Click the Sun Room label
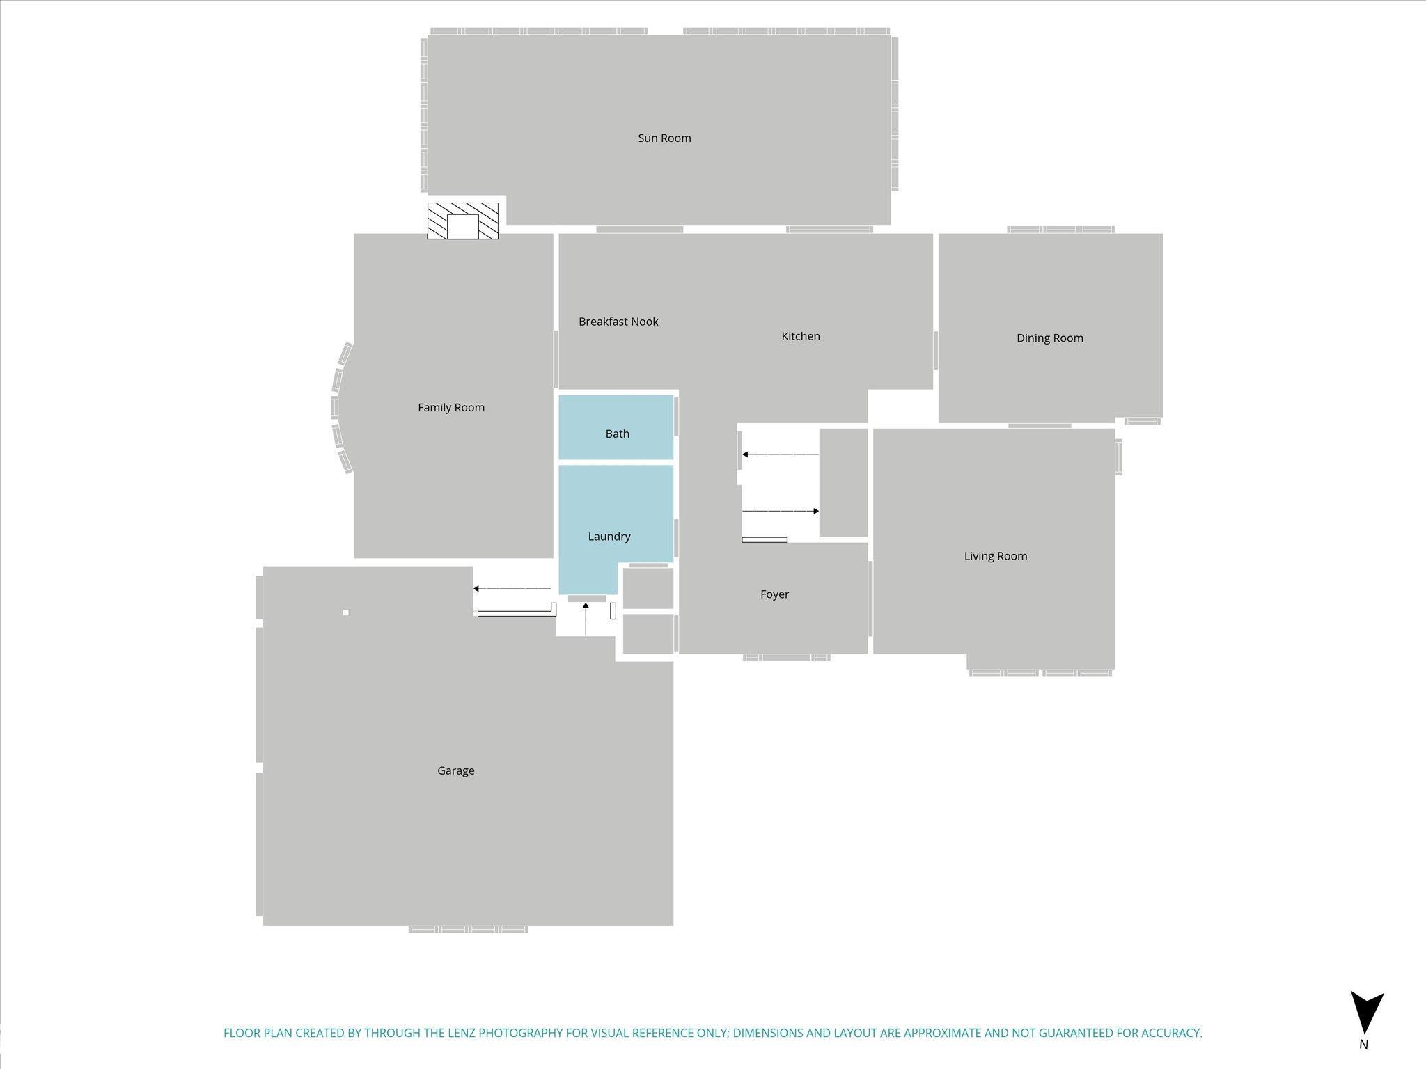click(x=664, y=138)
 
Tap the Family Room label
click(x=451, y=408)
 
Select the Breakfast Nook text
click(x=618, y=322)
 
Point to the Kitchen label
click(x=801, y=336)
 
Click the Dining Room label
click(x=1050, y=338)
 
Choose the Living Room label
click(x=996, y=556)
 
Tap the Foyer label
click(x=774, y=594)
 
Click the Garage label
click(x=456, y=770)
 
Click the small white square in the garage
click(x=346, y=612)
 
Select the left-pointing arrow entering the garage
click(x=512, y=589)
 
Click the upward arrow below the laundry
click(x=586, y=619)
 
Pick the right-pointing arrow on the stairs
click(x=781, y=512)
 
